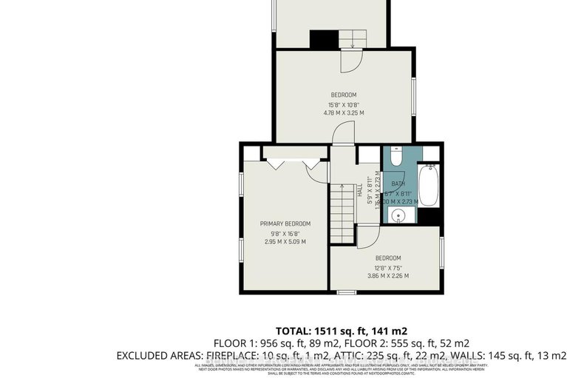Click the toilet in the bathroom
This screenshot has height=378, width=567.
point(395,158)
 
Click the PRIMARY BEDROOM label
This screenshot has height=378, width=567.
point(285,223)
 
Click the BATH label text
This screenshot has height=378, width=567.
point(398,184)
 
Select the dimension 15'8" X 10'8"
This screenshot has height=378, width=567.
point(343,104)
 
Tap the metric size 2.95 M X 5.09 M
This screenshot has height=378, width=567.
point(285,242)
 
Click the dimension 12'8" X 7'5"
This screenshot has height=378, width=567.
point(387,267)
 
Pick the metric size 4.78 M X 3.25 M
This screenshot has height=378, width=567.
point(343,113)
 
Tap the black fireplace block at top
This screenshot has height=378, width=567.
point(320,38)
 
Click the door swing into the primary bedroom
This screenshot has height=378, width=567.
point(316,171)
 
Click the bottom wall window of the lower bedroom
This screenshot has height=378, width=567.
point(347,293)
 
